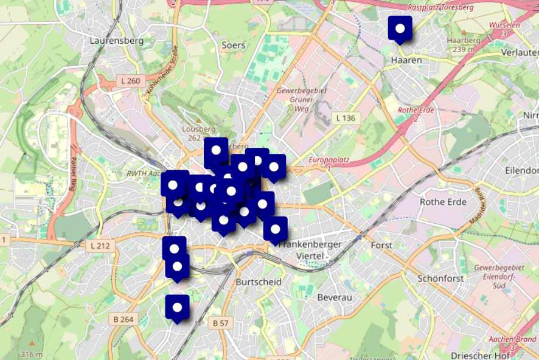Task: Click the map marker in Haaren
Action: [x=400, y=29]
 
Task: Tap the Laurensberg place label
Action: [x=116, y=41]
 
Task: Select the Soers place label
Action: [x=234, y=45]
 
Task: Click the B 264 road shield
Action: [x=123, y=318]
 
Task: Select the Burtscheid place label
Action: [x=259, y=282]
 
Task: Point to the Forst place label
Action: [x=381, y=245]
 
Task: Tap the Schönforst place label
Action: [x=440, y=279]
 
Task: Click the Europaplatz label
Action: [x=329, y=160]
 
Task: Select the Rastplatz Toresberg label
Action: [x=440, y=8]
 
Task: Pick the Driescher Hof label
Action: [x=480, y=355]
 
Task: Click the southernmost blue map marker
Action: [x=177, y=308]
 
